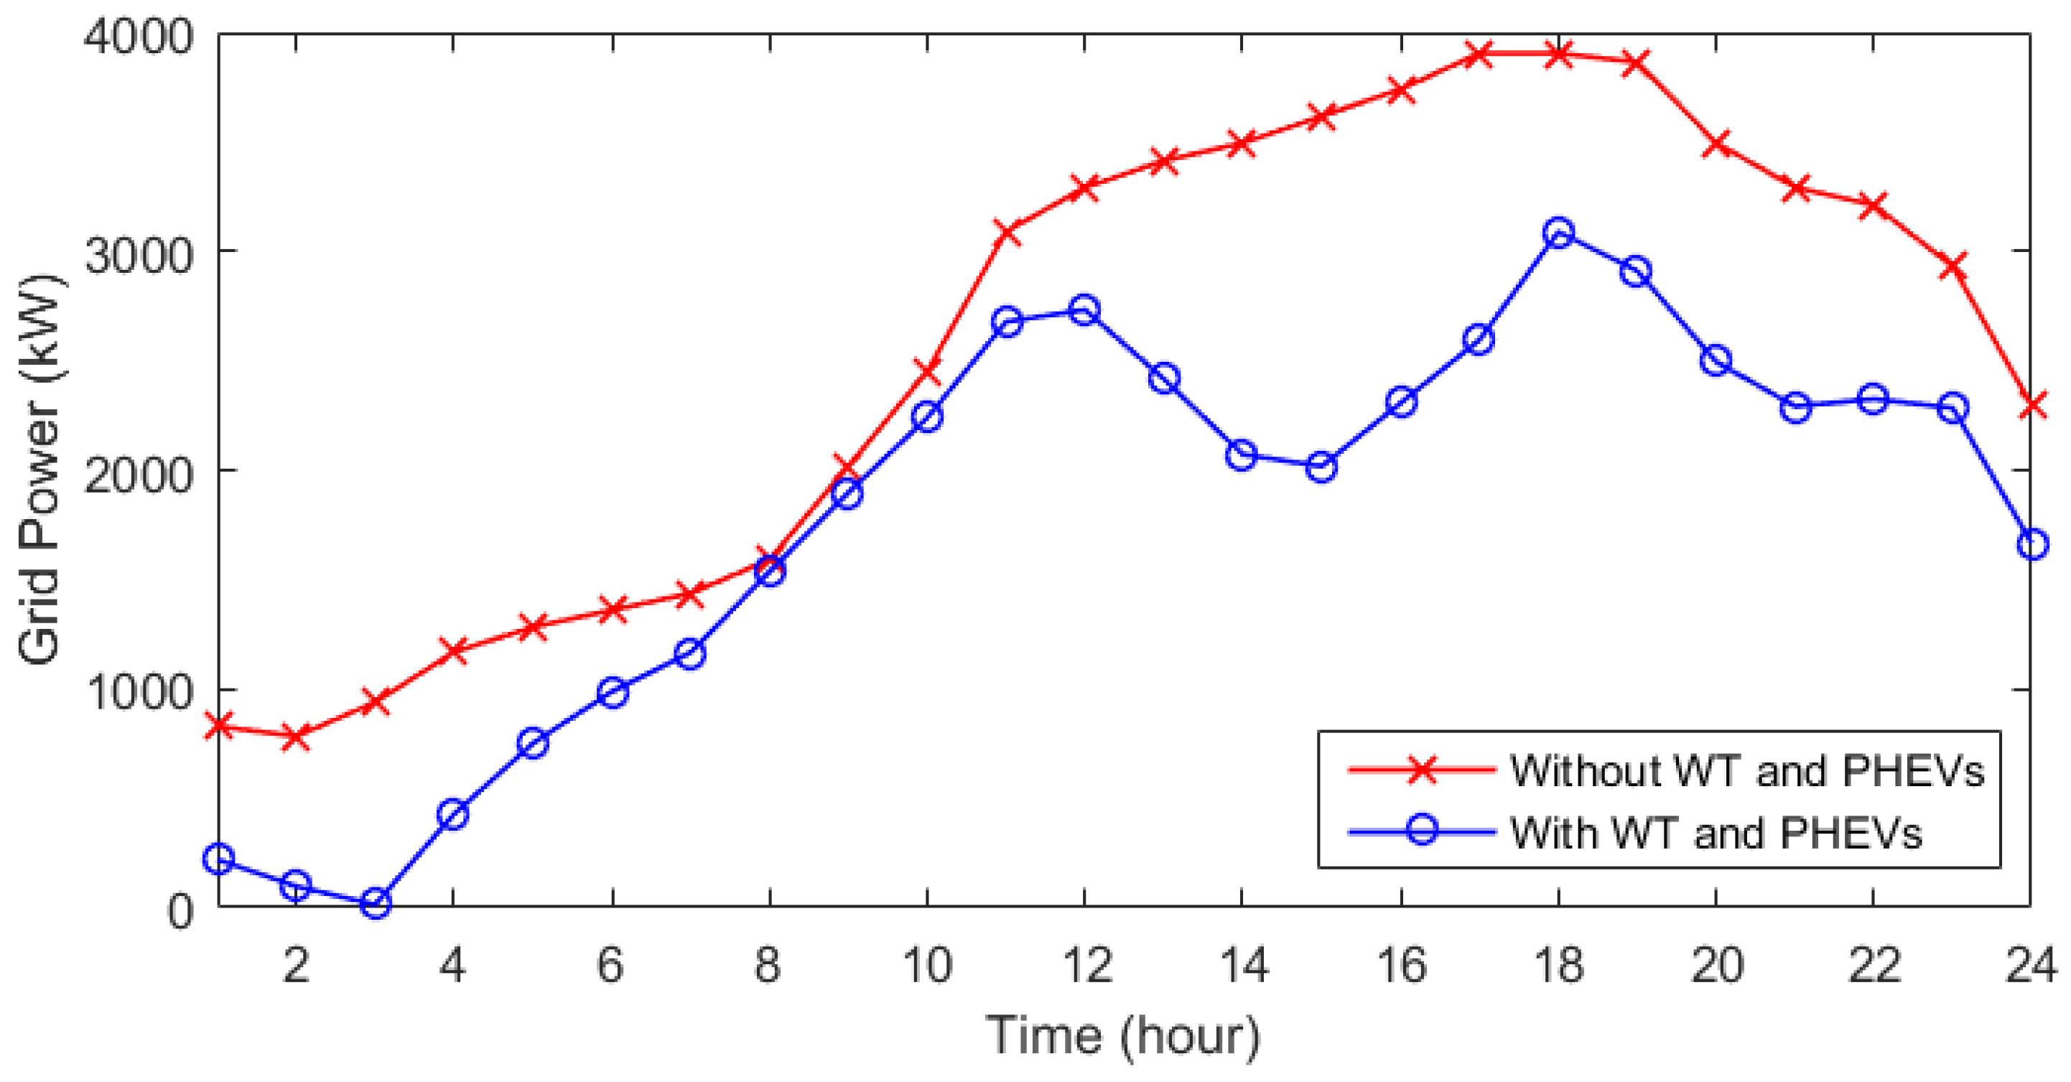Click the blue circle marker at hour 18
[x=1559, y=233]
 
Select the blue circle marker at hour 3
[x=376, y=903]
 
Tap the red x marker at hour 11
[x=1007, y=233]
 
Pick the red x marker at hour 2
[x=296, y=735]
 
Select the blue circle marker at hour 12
[x=1084, y=309]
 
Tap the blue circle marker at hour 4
[x=453, y=815]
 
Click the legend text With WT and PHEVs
[x=1716, y=833]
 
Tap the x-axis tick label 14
[x=1243, y=965]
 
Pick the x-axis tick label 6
[x=611, y=965]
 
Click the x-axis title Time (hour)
[x=1122, y=1036]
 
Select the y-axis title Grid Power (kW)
[x=40, y=470]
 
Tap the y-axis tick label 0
[x=180, y=911]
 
